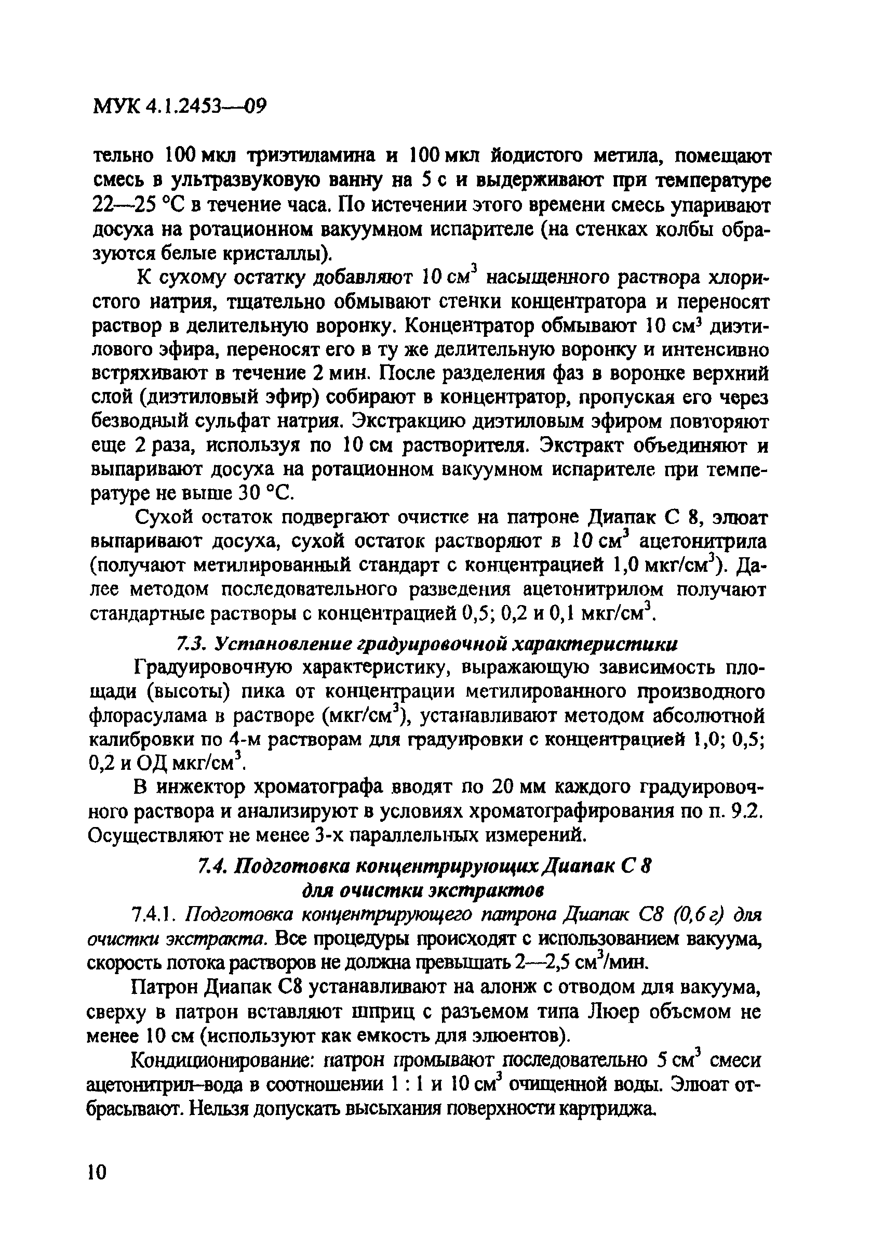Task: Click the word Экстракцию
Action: click(x=417, y=421)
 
